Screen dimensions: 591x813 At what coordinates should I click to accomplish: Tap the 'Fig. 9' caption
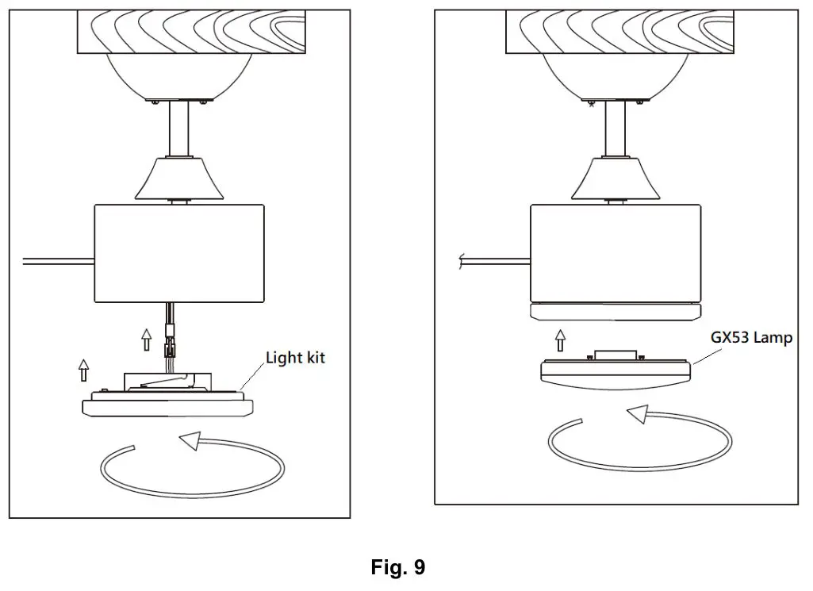398,568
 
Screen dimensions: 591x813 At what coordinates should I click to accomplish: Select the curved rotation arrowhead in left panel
188,440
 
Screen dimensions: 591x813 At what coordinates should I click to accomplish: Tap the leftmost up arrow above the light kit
84,370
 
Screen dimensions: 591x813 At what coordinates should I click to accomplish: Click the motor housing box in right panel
616,252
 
